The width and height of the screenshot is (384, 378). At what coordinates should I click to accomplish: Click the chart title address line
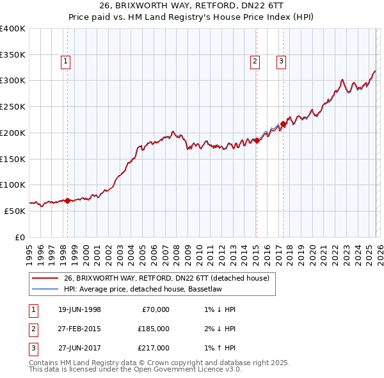coord(192,6)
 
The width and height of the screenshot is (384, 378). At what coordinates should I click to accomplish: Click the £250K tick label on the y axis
coord(13,106)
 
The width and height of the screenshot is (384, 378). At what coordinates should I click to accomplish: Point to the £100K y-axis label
coord(13,185)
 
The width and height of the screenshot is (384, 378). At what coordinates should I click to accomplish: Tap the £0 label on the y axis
coord(20,237)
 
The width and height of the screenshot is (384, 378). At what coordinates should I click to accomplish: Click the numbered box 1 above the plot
coord(67,62)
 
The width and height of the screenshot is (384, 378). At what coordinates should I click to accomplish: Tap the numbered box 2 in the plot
coord(255,62)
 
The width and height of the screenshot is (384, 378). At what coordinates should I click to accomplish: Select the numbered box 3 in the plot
coord(281,62)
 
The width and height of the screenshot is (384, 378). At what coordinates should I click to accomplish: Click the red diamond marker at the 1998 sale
coord(67,201)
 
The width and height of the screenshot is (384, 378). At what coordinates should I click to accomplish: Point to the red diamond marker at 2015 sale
coord(257,140)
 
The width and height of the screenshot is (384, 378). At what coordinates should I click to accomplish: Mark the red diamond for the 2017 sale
coord(283,124)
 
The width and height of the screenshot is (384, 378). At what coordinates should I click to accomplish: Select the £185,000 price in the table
coord(154,329)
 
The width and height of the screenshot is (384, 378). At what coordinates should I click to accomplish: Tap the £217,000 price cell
coord(154,348)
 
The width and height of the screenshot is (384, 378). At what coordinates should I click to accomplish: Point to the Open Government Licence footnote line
coord(136,370)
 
